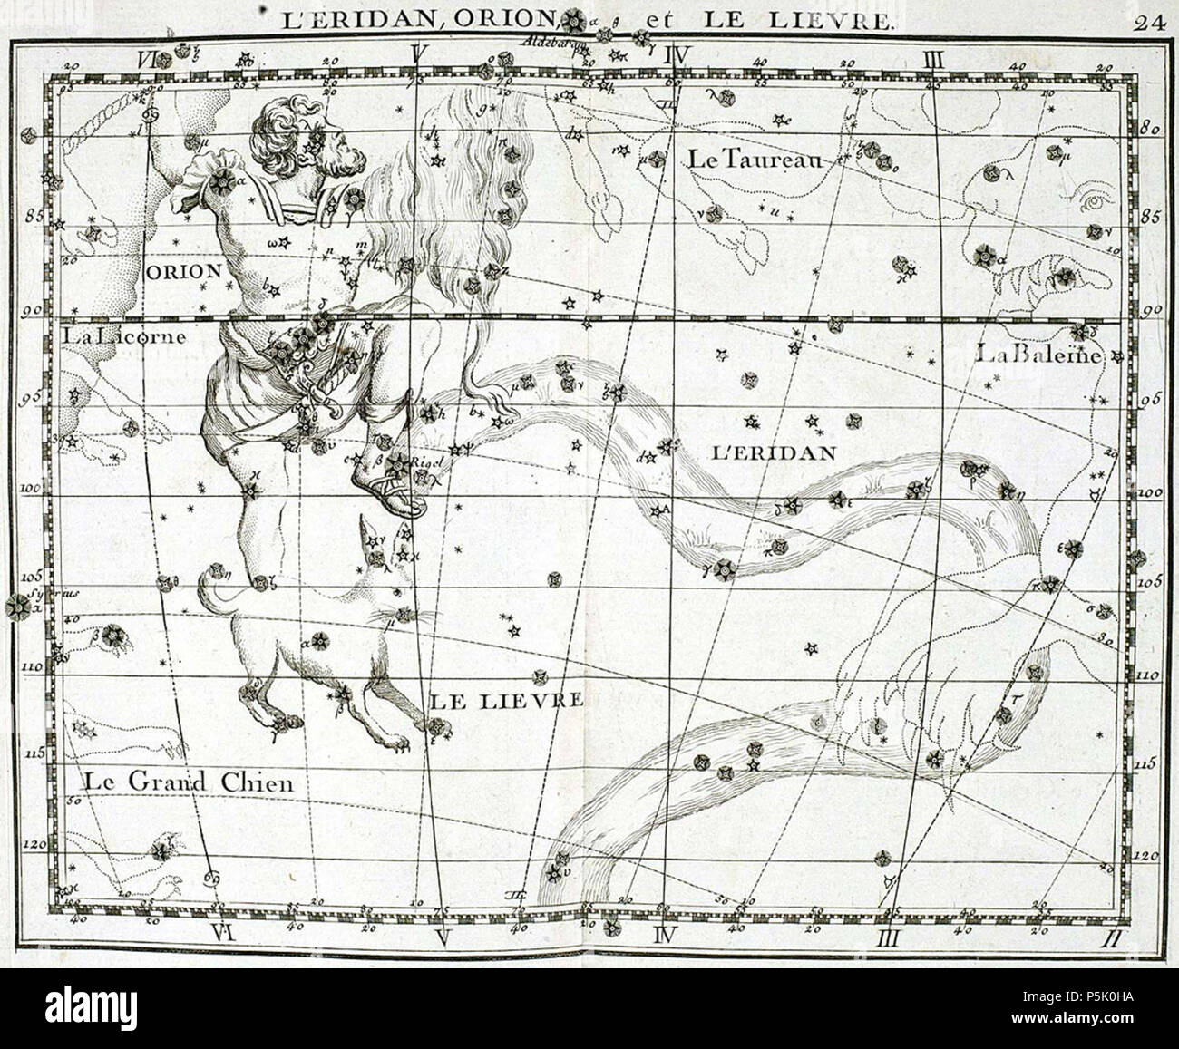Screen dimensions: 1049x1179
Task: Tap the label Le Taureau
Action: point(755,160)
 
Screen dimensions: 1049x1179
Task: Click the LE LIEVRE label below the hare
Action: point(503,700)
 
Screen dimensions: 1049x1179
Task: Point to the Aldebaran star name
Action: point(551,42)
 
